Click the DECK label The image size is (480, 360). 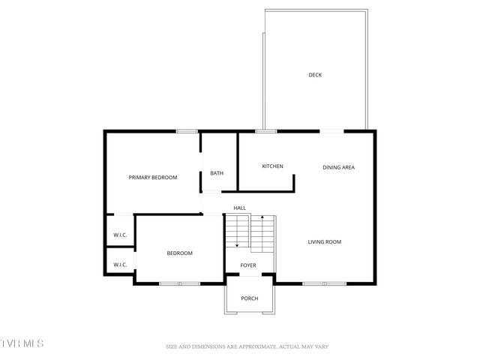coord(316,74)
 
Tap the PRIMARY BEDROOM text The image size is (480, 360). coord(153,177)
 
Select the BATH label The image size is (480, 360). coord(216,173)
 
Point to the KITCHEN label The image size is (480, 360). coord(272,166)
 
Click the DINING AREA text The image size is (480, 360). coord(338,167)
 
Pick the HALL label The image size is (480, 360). coord(239,208)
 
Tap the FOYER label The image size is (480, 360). coord(248,265)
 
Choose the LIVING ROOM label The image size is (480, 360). coord(325,241)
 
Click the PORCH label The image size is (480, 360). coord(250,298)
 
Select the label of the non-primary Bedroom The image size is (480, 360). coord(179,253)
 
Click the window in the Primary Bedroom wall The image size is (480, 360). coord(187,131)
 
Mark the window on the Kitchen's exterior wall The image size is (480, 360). coord(265,131)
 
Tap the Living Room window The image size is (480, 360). coord(324,283)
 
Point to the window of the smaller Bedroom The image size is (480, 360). coord(179,283)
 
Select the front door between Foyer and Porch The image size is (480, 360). coord(250,280)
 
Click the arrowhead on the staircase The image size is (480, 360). coord(237,244)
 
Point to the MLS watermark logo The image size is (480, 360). coord(22,343)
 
